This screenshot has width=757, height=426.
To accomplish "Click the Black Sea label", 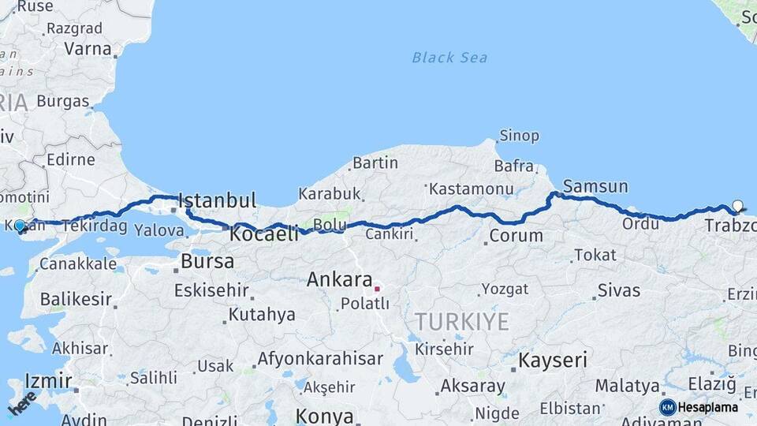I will tap(449, 58).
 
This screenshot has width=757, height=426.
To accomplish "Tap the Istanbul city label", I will tap(218, 200).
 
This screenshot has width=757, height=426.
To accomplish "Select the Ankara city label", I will tap(339, 279).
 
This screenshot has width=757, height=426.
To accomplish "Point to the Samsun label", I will tap(595, 187).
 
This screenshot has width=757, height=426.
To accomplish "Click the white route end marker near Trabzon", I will tap(737, 206).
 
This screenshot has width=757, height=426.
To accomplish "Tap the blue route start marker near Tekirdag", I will tap(20, 225).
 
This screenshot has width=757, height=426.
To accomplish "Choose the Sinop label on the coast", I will tap(519, 136).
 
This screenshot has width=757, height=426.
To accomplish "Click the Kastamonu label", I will tap(472, 189).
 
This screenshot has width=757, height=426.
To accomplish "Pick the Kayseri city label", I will tap(553, 361).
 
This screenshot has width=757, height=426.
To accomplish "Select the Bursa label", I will tap(207, 261).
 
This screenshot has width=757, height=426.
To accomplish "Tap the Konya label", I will tap(325, 416).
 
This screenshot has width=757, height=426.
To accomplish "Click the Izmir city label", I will tap(48, 380).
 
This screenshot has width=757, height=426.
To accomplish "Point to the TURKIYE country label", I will tap(462, 321).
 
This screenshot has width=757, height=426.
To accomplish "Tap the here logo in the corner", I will tap(22, 403).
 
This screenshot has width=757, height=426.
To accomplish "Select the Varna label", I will tap(88, 48).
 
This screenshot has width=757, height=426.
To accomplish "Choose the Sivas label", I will tap(619, 290).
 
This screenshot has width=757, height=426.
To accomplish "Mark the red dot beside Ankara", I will tap(377, 289).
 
